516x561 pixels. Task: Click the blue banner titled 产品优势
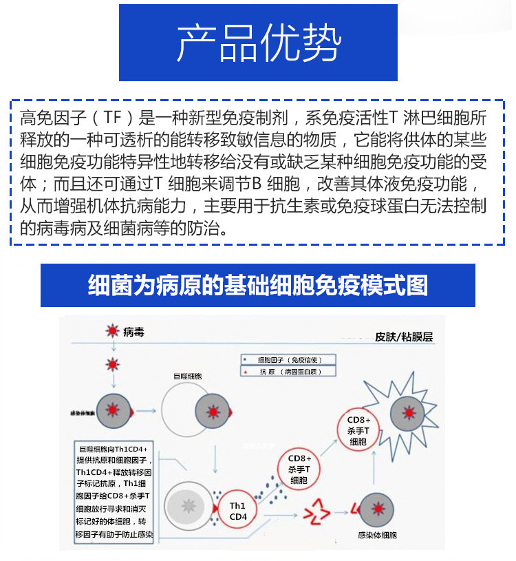[258, 43]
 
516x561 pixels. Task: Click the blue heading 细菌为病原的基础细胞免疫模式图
[258, 284]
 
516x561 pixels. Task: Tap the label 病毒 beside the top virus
[134, 332]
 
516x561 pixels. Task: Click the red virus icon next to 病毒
[112, 332]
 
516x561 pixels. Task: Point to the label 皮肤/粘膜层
[408, 337]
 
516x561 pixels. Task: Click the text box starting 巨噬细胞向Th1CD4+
[117, 490]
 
